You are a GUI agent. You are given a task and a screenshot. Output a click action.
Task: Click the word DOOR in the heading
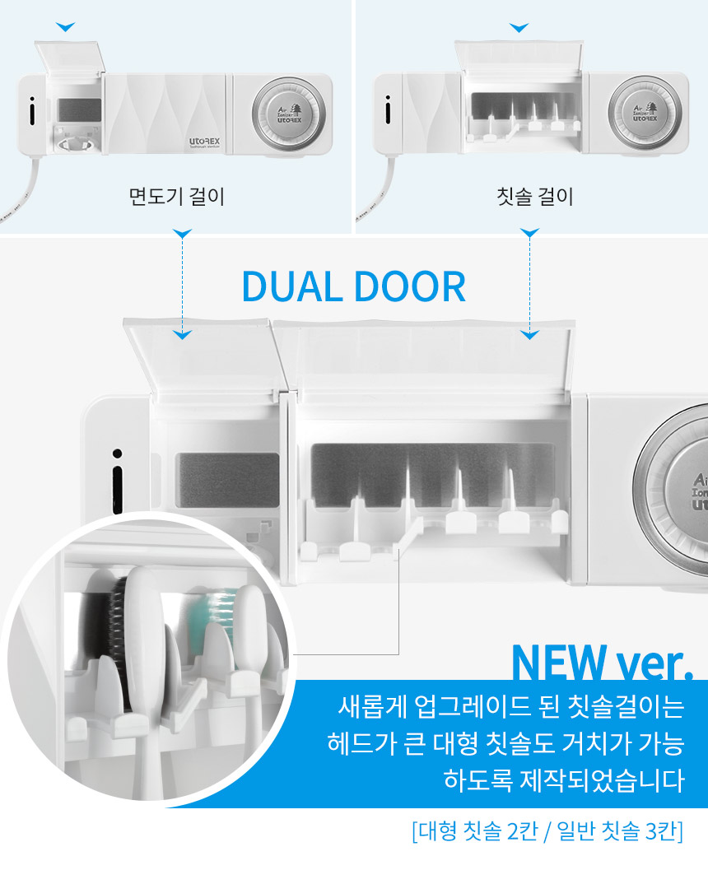click(410, 287)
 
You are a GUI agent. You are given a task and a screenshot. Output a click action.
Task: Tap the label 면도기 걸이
click(177, 197)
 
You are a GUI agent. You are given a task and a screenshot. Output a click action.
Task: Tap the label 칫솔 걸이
click(535, 197)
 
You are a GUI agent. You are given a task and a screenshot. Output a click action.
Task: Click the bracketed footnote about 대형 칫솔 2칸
click(547, 831)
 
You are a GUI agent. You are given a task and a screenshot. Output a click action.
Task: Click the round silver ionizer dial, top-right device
click(645, 113)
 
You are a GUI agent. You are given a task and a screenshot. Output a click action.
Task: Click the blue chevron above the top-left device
click(65, 26)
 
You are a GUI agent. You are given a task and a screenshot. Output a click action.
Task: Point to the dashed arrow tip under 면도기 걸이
click(182, 336)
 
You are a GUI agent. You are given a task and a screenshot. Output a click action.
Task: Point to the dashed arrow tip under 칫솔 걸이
click(530, 336)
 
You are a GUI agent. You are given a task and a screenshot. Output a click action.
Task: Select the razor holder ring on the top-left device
click(76, 145)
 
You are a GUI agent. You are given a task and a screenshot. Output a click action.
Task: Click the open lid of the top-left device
click(70, 58)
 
